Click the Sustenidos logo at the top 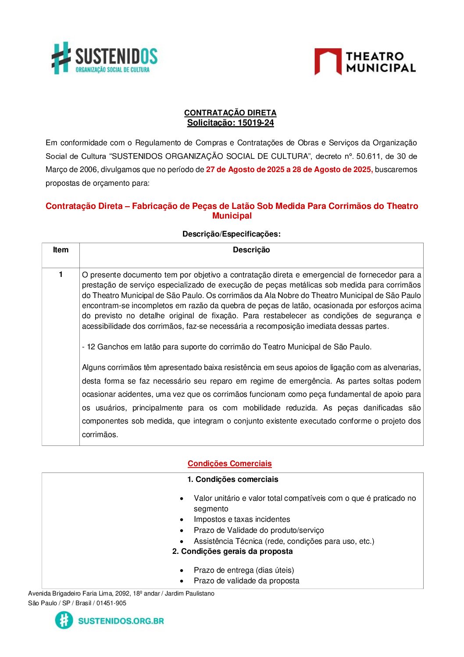click(x=104, y=58)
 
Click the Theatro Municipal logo click(x=365, y=62)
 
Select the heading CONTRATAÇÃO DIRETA click(x=230, y=113)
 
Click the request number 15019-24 click(x=256, y=123)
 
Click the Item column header click(x=61, y=250)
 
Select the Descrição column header click(x=251, y=250)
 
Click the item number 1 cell click(x=61, y=275)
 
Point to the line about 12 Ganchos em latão click(x=226, y=347)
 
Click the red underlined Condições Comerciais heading click(x=229, y=463)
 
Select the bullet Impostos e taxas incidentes click(x=242, y=520)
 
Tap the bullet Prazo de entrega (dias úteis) click(x=244, y=570)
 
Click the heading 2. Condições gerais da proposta click(x=232, y=551)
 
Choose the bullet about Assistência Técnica click(x=284, y=541)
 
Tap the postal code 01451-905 click(x=111, y=603)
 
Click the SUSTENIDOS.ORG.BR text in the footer click(x=121, y=621)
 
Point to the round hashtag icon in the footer click(x=64, y=620)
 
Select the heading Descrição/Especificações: click(x=231, y=234)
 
